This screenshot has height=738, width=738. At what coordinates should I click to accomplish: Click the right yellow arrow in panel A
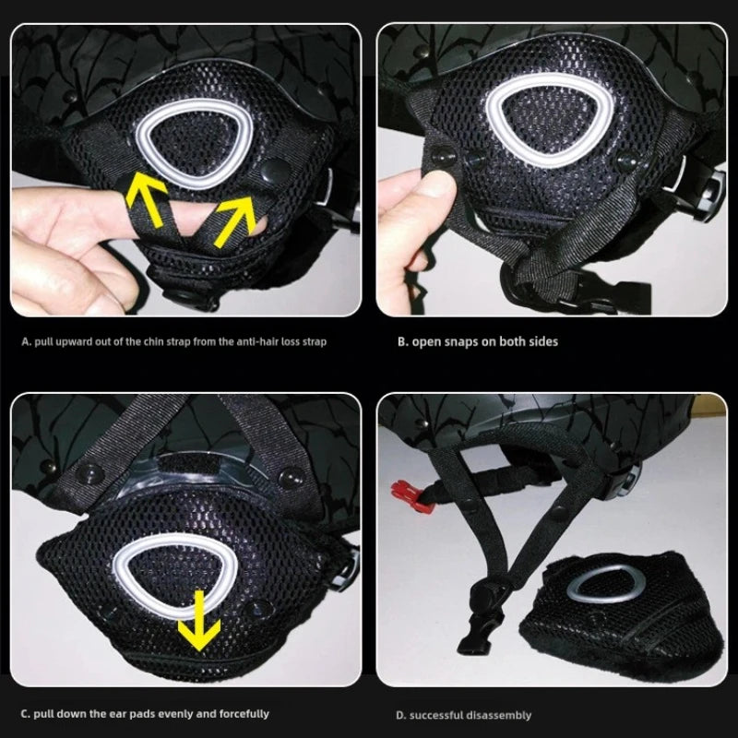pyautogui.click(x=234, y=220)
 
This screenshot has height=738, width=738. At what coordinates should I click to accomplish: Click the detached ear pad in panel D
pyautogui.click(x=621, y=612)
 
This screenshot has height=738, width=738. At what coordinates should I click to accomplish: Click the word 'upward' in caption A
pyautogui.click(x=75, y=341)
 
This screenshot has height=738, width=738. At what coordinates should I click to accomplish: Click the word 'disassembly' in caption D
pyautogui.click(x=499, y=716)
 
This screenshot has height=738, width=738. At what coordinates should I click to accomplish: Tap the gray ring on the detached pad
pyautogui.click(x=606, y=585)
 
